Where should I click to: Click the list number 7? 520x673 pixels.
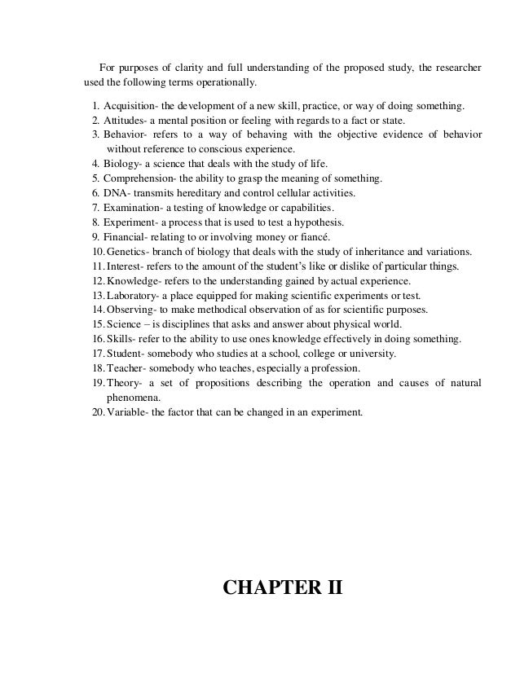coord(95,208)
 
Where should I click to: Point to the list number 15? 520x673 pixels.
coord(97,324)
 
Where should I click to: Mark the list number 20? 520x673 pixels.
coord(97,411)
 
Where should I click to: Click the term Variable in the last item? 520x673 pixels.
coord(128,411)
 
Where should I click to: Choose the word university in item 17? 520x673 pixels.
coord(370,354)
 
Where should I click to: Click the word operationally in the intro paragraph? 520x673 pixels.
coord(226,82)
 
